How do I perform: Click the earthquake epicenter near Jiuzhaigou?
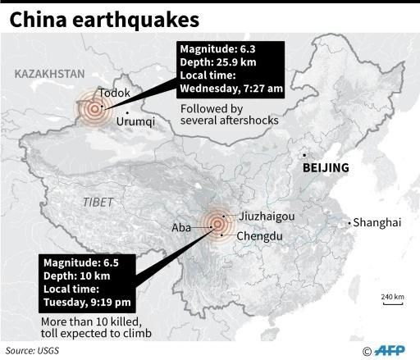tap(217, 222)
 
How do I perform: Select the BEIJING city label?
tap(326, 168)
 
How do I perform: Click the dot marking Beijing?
tap(304, 155)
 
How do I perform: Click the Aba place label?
tap(182, 228)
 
